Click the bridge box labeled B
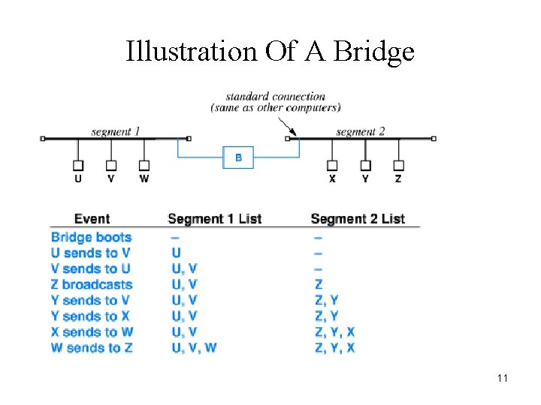click(x=238, y=157)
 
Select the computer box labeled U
click(x=78, y=166)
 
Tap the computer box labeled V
click(x=111, y=166)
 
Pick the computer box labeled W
click(x=144, y=166)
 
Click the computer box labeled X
click(x=332, y=166)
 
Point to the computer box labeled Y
click(x=365, y=166)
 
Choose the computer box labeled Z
click(x=398, y=166)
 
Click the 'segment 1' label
click(x=115, y=132)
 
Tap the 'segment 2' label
click(x=360, y=132)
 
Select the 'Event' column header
click(x=92, y=219)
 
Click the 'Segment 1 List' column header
click(x=214, y=219)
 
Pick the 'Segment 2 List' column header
click(x=357, y=219)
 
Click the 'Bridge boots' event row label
click(x=91, y=238)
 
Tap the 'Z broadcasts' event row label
click(x=92, y=285)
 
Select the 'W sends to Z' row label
click(x=92, y=348)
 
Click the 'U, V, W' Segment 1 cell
click(x=194, y=348)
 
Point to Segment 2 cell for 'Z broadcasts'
click(x=319, y=285)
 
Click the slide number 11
click(x=502, y=378)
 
